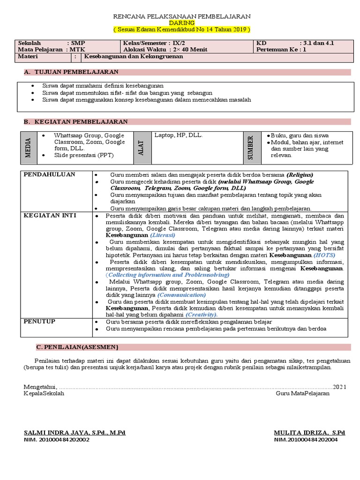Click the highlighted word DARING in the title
tap(182, 22)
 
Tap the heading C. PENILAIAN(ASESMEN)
tap(77, 347)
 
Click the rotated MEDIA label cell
tap(28, 148)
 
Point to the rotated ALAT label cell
tap(141, 148)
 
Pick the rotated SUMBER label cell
tap(251, 148)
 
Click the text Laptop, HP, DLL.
tap(178, 135)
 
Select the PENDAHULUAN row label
tap(49, 174)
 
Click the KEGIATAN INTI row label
tap(50, 215)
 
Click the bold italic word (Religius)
tap(300, 174)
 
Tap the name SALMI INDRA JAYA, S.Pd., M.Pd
tap(75, 433)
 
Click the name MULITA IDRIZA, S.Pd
tap(309, 433)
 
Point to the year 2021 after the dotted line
tap(340, 387)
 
